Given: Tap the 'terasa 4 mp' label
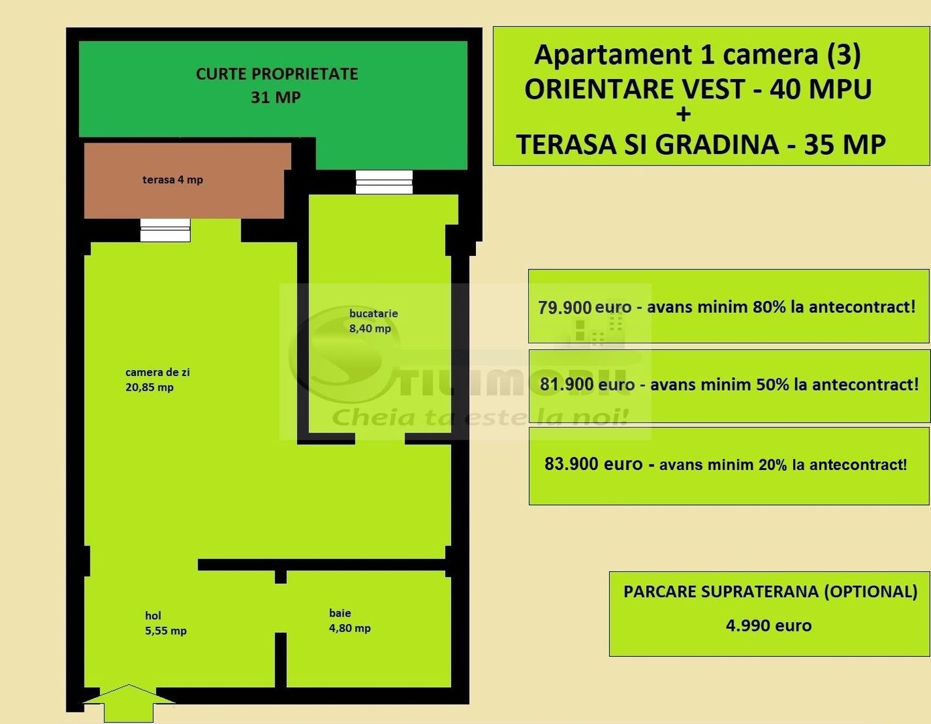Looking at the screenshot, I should click(x=172, y=180).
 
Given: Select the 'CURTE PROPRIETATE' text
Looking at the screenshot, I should click(x=277, y=74).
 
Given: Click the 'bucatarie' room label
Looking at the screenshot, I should click(x=373, y=313).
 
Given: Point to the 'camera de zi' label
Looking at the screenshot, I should click(x=158, y=372).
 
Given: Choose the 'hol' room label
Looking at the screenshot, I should click(x=153, y=615).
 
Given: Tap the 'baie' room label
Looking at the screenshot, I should click(x=340, y=613).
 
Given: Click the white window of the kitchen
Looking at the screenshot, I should click(x=383, y=182).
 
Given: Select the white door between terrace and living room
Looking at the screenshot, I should click(x=165, y=230).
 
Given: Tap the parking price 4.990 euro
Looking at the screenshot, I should click(x=768, y=625).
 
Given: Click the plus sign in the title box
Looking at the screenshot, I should click(x=683, y=115).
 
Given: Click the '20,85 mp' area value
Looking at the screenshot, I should click(x=149, y=387).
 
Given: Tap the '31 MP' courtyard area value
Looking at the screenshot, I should click(x=275, y=97).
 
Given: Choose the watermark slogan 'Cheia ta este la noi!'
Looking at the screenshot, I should click(x=480, y=417).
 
